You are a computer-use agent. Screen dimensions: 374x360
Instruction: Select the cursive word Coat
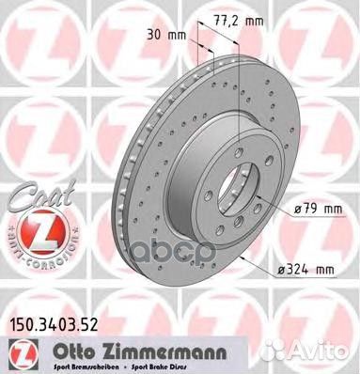point(30,188)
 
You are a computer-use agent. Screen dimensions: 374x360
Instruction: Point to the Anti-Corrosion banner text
point(29,250)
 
